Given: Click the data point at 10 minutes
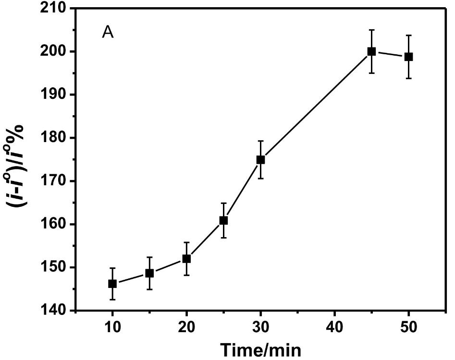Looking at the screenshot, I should point(112,284).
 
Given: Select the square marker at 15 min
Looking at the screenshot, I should point(149,273).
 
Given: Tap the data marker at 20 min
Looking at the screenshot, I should point(186,259).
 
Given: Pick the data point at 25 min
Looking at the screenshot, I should point(223,220).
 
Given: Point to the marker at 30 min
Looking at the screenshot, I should point(260,160).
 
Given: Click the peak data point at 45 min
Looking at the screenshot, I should point(371,51).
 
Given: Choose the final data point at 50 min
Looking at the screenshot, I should point(408,57).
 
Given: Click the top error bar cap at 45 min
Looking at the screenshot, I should point(371,30).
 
